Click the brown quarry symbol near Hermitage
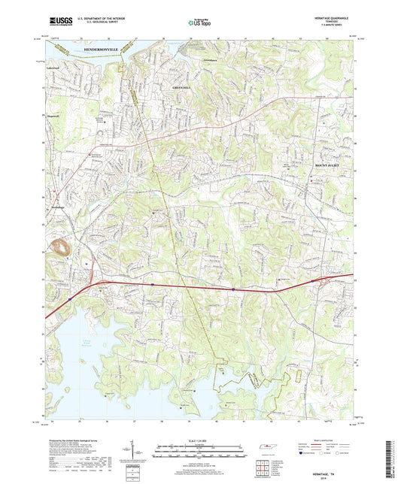tap(62, 247)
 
